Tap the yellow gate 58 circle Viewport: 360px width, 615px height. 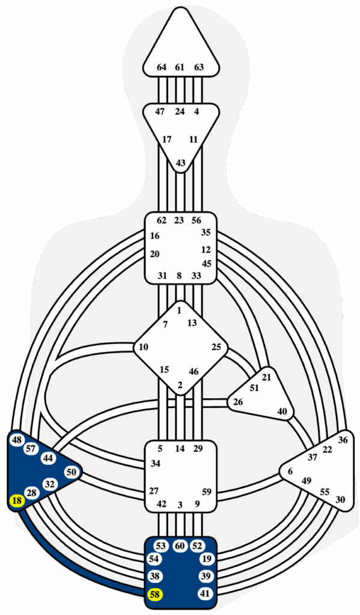tap(155, 595)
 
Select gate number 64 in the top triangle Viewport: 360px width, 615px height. tap(161, 67)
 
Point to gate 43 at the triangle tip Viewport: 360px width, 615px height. tap(180, 162)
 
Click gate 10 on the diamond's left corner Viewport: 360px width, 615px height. tap(143, 347)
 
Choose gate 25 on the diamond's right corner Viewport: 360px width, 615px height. tap(216, 347)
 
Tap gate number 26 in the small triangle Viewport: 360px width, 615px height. tap(238, 402)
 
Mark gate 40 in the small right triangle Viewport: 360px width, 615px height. tap(282, 411)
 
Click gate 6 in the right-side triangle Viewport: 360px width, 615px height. tap(290, 471)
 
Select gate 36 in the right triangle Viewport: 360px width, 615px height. tap(343, 440)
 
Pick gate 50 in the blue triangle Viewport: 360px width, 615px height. tap(71, 472)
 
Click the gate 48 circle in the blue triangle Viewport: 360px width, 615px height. tap(17, 440)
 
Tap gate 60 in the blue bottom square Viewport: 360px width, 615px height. tap(180, 546)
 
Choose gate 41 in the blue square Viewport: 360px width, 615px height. tap(204, 594)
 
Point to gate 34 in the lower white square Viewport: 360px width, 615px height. tap(156, 464)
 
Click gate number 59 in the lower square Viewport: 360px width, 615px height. tap(207, 491)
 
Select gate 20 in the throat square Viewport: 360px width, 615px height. tap(154, 254)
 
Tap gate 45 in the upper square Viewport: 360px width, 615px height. tap(207, 263)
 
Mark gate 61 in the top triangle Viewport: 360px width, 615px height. tap(180, 67)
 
